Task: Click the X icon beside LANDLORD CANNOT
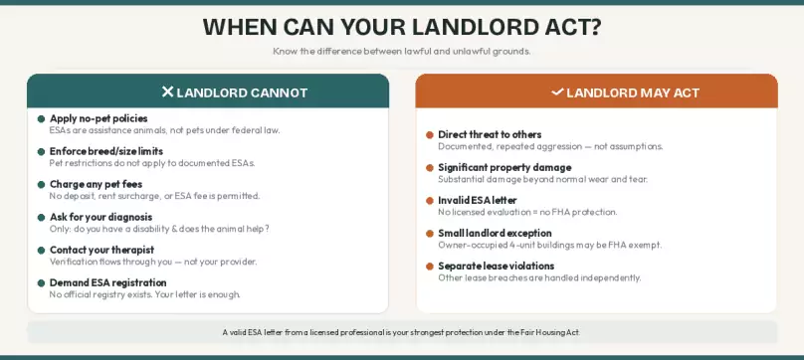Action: click(168, 91)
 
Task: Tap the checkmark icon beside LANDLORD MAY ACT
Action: click(557, 92)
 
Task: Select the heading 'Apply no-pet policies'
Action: click(99, 119)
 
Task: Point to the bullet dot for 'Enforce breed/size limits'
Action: click(41, 152)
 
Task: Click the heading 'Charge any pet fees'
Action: click(96, 185)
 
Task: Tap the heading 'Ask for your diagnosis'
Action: click(101, 218)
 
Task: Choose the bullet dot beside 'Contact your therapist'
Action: click(41, 251)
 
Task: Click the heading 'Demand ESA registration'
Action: click(108, 283)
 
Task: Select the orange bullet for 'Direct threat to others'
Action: click(430, 135)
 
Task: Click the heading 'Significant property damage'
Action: click(504, 168)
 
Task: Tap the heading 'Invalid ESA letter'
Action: click(478, 201)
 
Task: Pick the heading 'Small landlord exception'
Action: click(495, 234)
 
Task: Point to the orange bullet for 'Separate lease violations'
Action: click(430, 267)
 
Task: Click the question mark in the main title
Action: click(594, 27)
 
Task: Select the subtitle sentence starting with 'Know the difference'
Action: click(401, 52)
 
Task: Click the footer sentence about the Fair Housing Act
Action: click(401, 332)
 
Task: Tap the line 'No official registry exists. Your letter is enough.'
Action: click(144, 294)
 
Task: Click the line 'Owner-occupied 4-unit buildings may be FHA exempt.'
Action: click(549, 245)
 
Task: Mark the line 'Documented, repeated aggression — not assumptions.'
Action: click(550, 146)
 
